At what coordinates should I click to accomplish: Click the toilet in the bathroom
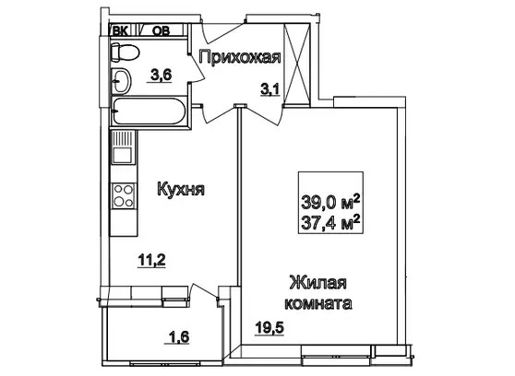point(126,53)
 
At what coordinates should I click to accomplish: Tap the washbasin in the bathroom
point(121,80)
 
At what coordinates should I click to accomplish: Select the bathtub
point(150,111)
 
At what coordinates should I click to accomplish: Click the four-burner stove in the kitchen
point(124,195)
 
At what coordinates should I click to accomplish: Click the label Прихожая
point(240,58)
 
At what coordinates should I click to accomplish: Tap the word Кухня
point(181,189)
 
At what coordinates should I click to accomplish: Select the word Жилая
point(317,283)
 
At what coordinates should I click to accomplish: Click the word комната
point(318,303)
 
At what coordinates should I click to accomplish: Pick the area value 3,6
point(162,76)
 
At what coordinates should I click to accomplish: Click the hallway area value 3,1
point(270,89)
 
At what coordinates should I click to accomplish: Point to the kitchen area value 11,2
point(151,261)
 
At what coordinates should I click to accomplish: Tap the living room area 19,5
point(269,327)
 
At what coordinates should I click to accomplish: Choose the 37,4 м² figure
point(330,224)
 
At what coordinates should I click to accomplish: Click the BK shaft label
point(121,31)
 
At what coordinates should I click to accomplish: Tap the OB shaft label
point(162,31)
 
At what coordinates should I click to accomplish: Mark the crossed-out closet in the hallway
point(297,65)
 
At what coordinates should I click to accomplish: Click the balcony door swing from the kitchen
point(204,292)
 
